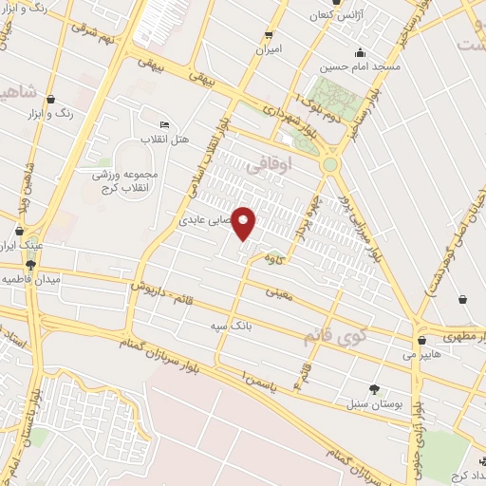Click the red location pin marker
tap(245, 224)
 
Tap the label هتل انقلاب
tap(166, 140)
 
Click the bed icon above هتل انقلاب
tap(165, 125)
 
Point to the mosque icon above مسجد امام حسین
tap(360, 52)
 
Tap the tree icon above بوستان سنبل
tap(373, 388)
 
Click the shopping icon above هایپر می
tap(421, 339)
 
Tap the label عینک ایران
tap(25, 243)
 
